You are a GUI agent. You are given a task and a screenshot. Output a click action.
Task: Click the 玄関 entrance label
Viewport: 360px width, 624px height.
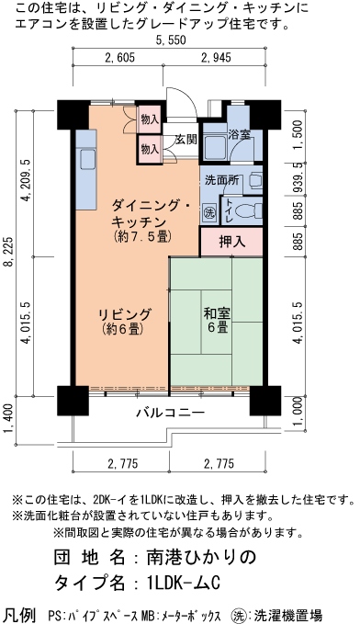click(x=186, y=140)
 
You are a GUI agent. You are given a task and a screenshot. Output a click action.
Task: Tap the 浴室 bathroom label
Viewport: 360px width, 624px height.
click(x=239, y=134)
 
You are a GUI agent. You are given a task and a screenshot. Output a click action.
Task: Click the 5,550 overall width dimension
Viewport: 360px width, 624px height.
click(x=172, y=41)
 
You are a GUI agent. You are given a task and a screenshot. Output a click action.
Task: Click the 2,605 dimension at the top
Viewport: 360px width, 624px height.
click(x=121, y=59)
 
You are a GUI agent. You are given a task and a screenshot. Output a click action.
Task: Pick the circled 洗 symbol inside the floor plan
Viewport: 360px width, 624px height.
click(x=208, y=210)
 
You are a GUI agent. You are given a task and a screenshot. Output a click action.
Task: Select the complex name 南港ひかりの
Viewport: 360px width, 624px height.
click(x=196, y=557)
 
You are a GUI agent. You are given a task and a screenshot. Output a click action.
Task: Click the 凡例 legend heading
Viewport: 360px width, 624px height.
click(x=19, y=612)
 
